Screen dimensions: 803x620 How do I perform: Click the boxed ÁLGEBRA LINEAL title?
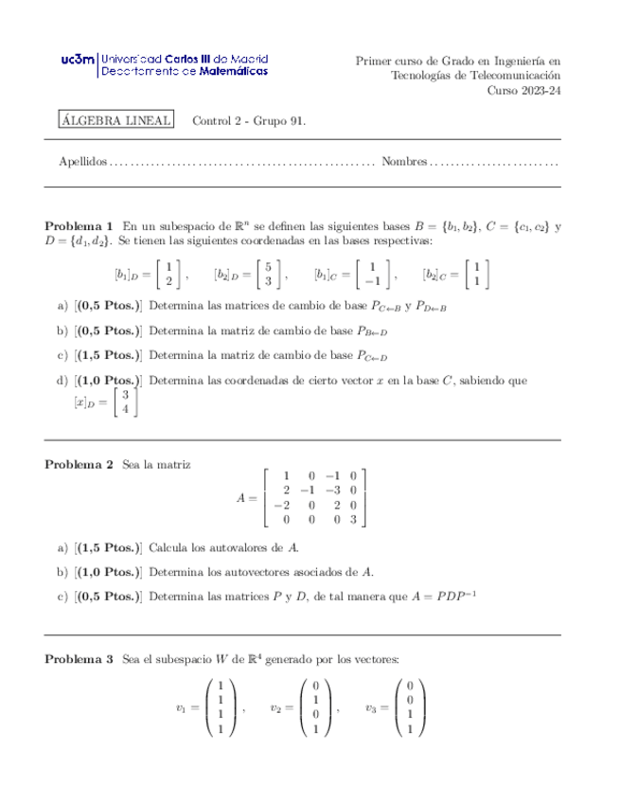(x=115, y=120)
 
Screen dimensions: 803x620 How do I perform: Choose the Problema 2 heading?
(x=80, y=465)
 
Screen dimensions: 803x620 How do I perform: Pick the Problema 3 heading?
(x=80, y=658)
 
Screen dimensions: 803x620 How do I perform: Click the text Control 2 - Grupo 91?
(x=249, y=120)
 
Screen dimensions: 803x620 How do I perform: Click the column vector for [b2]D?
(x=269, y=274)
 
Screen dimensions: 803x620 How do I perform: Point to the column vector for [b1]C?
(x=373, y=274)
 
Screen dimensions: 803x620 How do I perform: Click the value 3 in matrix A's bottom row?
(x=352, y=520)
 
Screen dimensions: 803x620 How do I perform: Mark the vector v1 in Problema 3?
(x=220, y=707)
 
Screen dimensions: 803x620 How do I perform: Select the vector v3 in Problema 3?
(x=409, y=707)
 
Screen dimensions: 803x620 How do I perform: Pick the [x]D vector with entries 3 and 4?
(x=124, y=402)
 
